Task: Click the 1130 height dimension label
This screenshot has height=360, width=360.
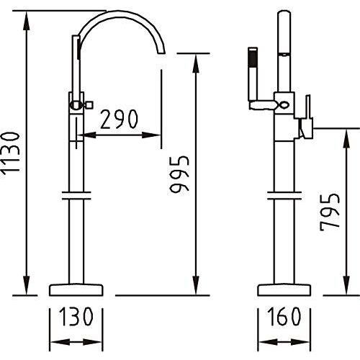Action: (x=11, y=152)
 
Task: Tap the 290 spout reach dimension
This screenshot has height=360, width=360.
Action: (x=120, y=119)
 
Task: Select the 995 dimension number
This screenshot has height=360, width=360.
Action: (x=179, y=174)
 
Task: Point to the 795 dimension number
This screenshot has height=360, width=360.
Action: (x=330, y=212)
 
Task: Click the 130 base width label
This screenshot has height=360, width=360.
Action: (x=76, y=317)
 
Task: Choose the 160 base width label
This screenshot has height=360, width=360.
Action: (x=284, y=317)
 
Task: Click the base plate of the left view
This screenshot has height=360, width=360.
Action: (x=76, y=290)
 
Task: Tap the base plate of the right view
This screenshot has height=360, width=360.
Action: (x=284, y=290)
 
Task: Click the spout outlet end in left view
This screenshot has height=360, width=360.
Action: (x=161, y=53)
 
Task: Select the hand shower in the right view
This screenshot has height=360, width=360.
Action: (x=253, y=78)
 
